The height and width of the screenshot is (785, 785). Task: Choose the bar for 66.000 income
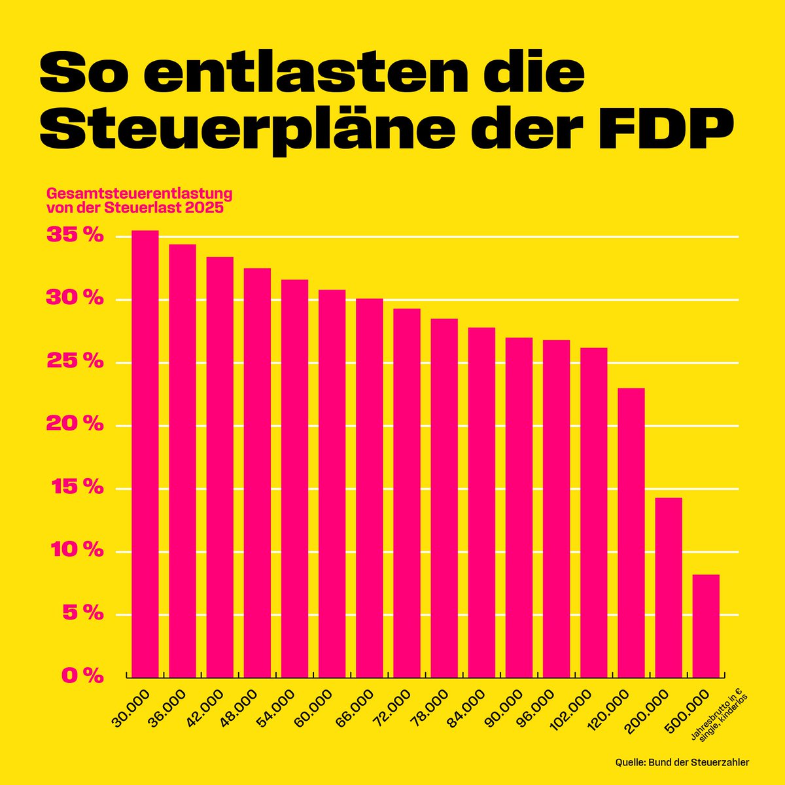[370, 488]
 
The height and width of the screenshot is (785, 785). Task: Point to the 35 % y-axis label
[75, 235]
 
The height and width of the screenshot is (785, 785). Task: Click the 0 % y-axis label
[82, 676]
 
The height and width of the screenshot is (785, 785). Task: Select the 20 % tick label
[75, 425]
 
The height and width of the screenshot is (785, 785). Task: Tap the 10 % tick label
[75, 551]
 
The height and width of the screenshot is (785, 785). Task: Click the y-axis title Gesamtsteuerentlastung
[139, 195]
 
